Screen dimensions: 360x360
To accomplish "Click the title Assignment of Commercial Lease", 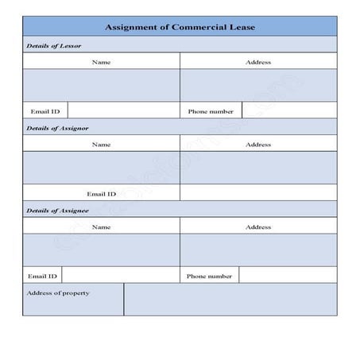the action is pyautogui.click(x=180, y=27).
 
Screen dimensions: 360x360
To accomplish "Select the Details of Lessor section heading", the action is pyautogui.click(x=53, y=45).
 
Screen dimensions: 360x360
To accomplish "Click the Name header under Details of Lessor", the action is pyautogui.click(x=101, y=61).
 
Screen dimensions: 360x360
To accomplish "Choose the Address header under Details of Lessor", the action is pyautogui.click(x=258, y=61).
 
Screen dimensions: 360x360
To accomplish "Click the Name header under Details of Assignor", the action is pyautogui.click(x=101, y=145).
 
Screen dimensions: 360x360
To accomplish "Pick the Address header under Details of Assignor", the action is pyautogui.click(x=258, y=145).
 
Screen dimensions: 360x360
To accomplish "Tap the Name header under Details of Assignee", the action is pyautogui.click(x=101, y=227).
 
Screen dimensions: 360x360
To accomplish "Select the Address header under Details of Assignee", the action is pyautogui.click(x=258, y=227).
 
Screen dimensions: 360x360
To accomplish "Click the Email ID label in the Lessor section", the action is pyautogui.click(x=45, y=111).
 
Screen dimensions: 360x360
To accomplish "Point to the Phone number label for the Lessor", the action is pyautogui.click(x=211, y=111).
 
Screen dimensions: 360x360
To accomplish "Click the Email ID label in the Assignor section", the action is pyautogui.click(x=101, y=194).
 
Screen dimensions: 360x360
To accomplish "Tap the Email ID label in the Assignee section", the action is pyautogui.click(x=42, y=277).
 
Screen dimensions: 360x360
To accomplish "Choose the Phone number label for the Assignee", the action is pyautogui.click(x=209, y=277).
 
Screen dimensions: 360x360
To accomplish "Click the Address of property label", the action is pyautogui.click(x=58, y=293).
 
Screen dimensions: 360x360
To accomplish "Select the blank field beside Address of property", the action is pyautogui.click(x=230, y=300).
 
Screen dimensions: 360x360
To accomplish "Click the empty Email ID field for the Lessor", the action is pyautogui.click(x=123, y=111).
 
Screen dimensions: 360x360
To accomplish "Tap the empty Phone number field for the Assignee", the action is pyautogui.click(x=287, y=276).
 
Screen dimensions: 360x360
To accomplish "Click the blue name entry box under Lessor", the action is pyautogui.click(x=101, y=86).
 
